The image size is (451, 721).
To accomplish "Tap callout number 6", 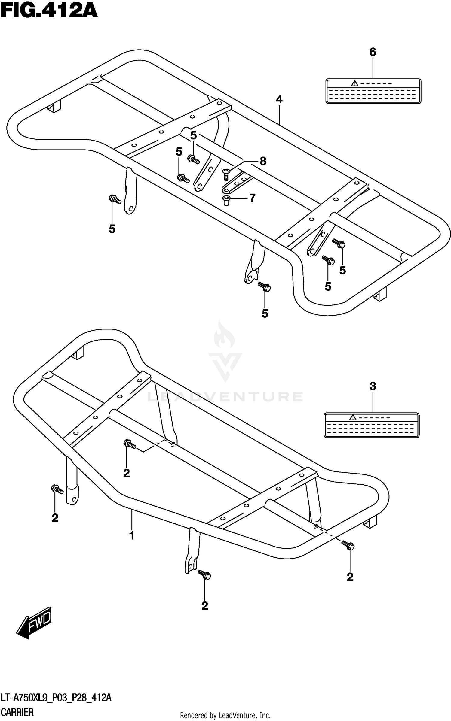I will tap(373, 52).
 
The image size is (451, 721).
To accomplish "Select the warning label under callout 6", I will tap(373, 91).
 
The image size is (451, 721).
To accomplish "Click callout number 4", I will tap(279, 99).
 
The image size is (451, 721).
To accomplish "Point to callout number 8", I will tap(263, 161).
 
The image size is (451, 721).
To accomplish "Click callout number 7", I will tap(252, 198).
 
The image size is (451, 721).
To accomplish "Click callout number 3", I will tap(373, 386).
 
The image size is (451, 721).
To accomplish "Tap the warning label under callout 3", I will tap(371, 425).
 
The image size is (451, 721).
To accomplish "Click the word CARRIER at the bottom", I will tap(17, 712).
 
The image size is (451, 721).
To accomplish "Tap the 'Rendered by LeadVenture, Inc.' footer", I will tap(225, 715).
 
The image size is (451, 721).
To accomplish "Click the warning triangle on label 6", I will tap(355, 83).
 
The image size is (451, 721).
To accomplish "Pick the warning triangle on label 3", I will tap(353, 417).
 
